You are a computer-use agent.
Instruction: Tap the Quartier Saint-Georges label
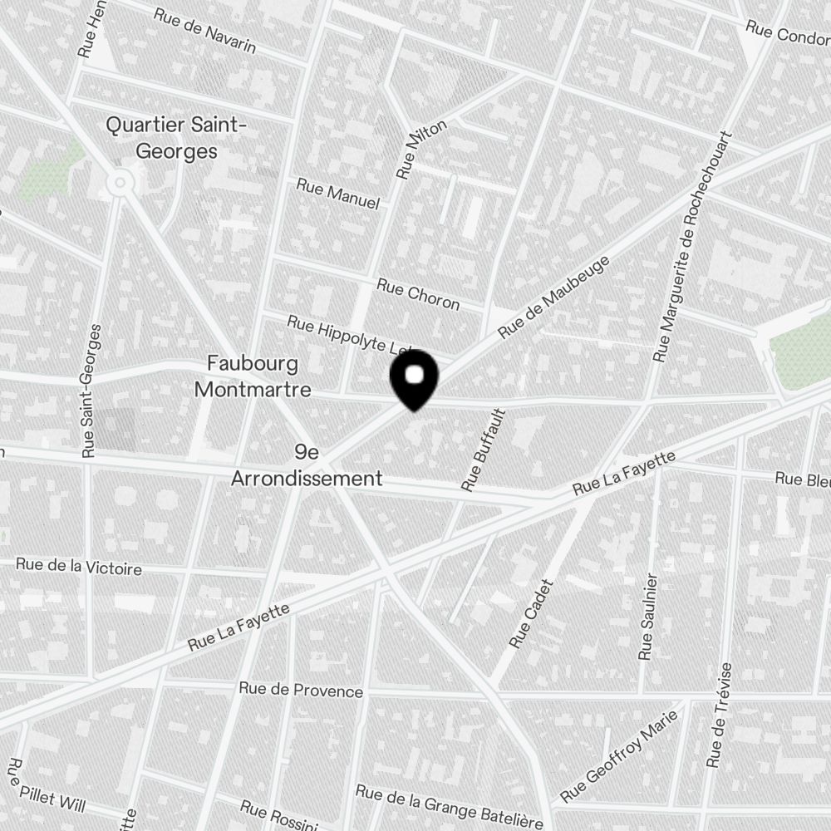coord(176,138)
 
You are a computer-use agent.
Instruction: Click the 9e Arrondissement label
coord(307,465)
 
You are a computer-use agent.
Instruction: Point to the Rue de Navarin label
coord(205,30)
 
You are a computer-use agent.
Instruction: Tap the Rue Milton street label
coord(421,150)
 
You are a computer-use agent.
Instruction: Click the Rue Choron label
coord(418,293)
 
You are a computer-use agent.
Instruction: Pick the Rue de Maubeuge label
coord(553,297)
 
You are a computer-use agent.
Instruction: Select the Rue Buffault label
coord(484,450)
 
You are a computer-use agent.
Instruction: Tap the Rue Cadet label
coord(531,613)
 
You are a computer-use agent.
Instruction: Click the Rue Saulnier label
coord(648,617)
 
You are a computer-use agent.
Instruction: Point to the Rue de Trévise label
coord(720,715)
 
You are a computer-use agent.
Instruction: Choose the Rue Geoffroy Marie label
coord(618,757)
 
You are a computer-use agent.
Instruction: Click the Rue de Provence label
coord(301,690)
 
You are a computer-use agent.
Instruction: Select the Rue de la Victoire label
coord(79,568)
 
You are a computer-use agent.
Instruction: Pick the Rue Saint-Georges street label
coord(91,391)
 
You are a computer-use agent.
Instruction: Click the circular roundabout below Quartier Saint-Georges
coord(121,181)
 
